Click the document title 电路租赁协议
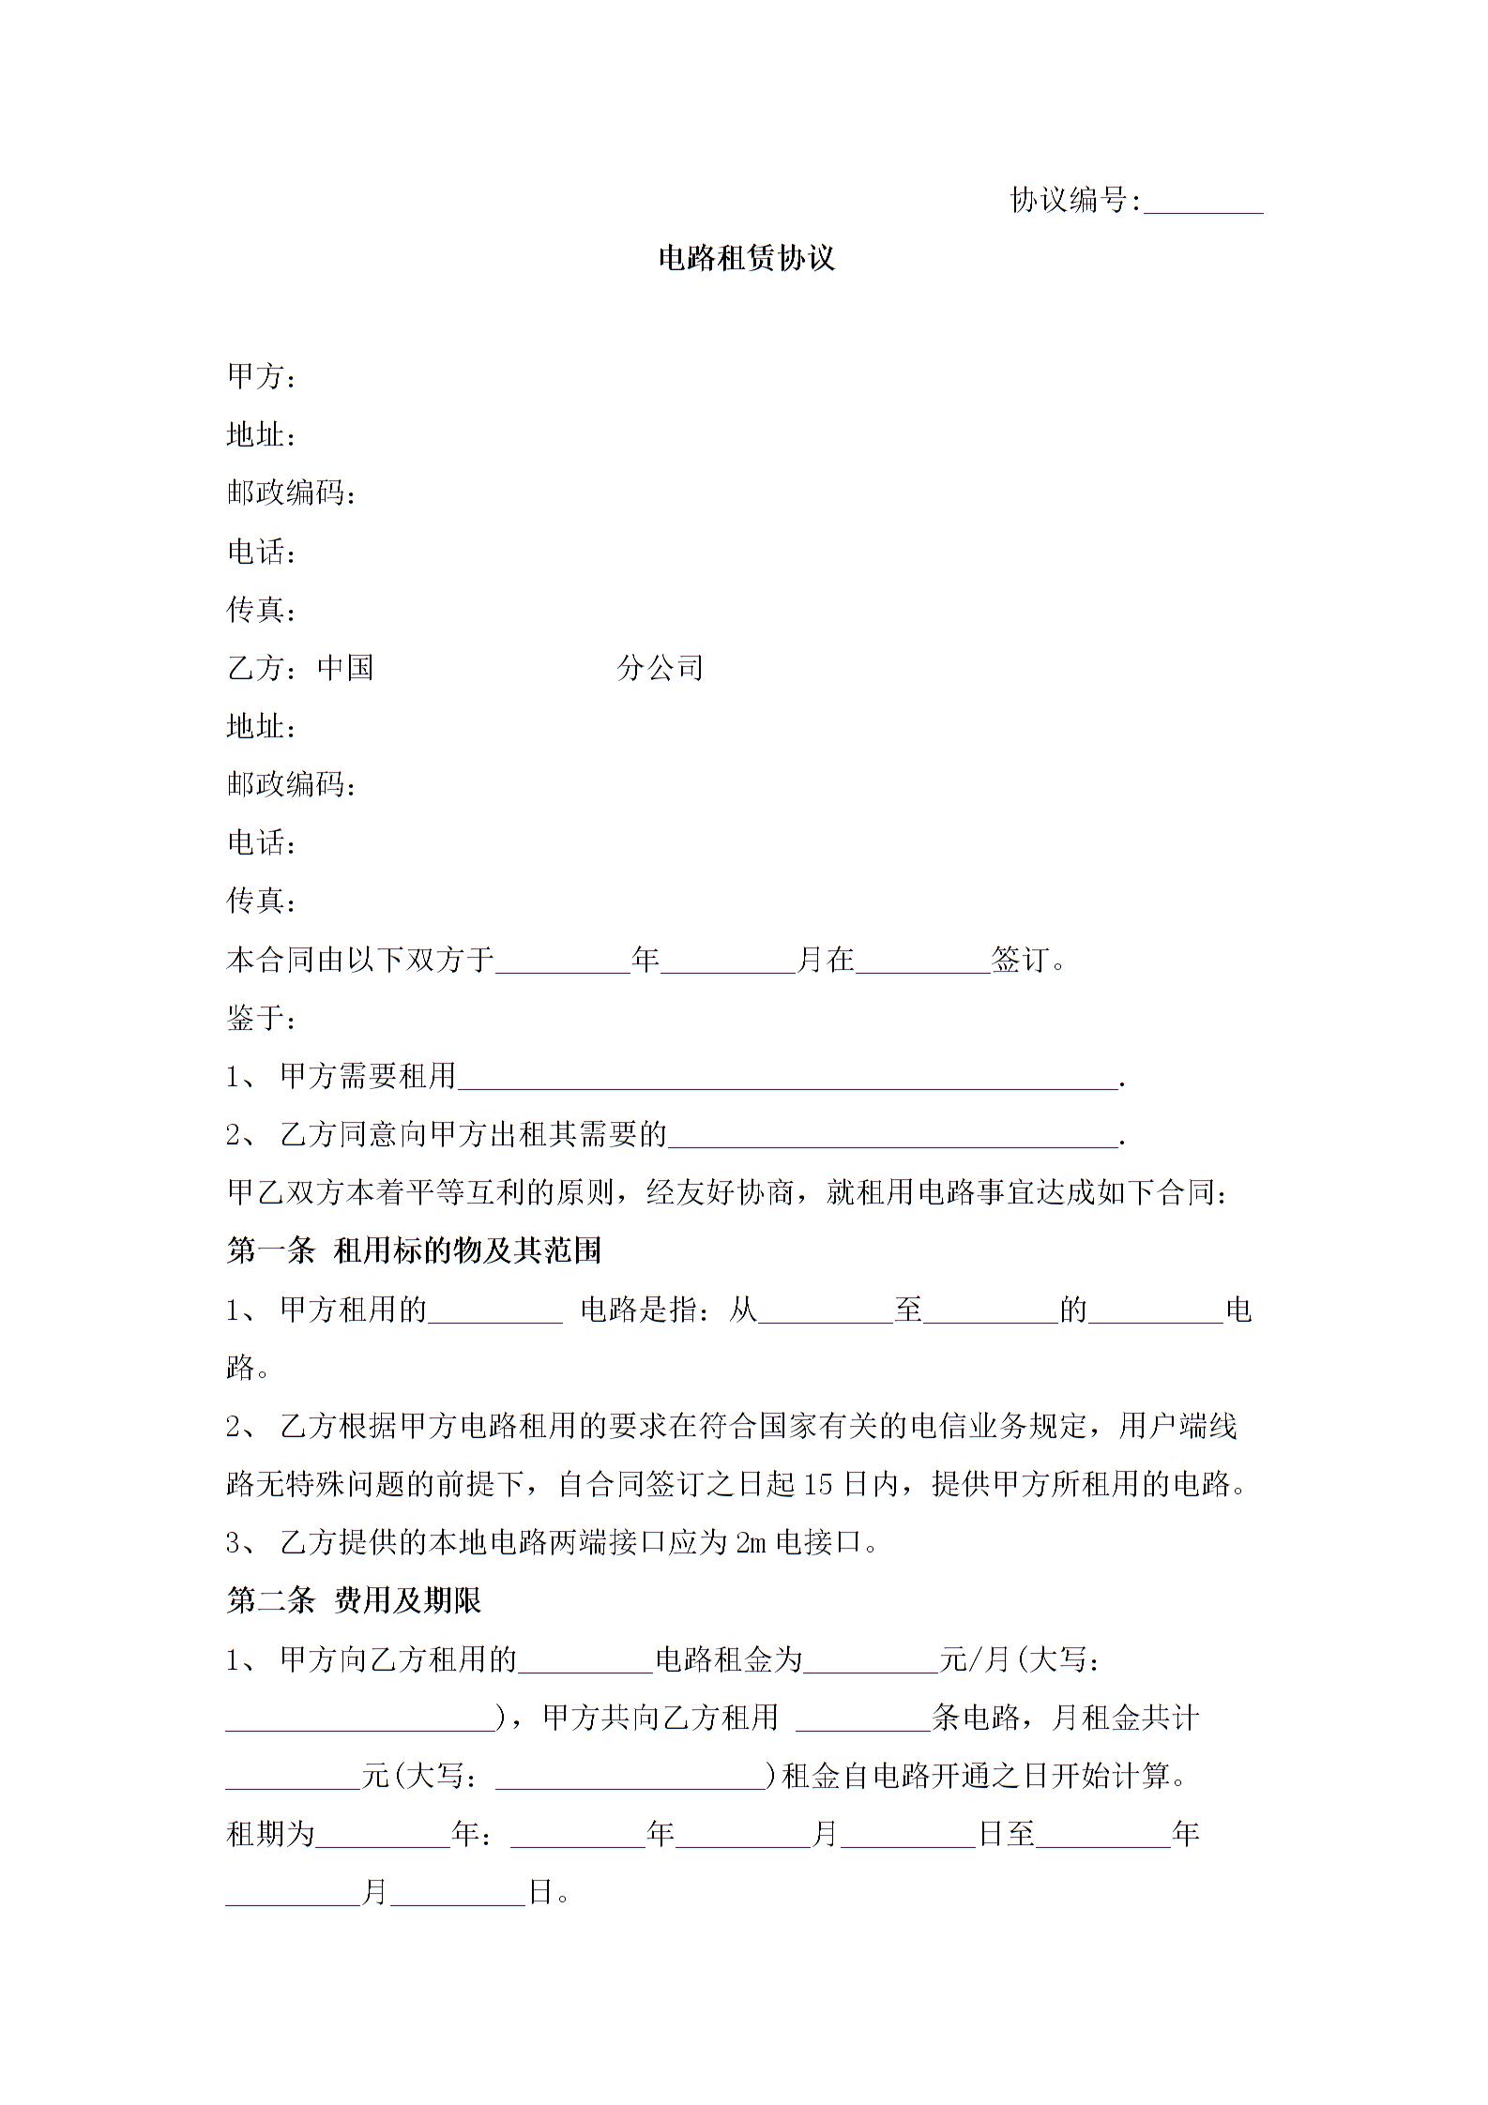(x=746, y=259)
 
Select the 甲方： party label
(x=262, y=377)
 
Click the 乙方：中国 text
(x=300, y=668)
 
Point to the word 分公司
(x=660, y=668)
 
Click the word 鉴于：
(x=262, y=1018)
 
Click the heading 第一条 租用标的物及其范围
(x=414, y=1251)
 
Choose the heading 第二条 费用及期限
(x=354, y=1601)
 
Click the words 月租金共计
(x=1126, y=1719)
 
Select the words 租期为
(x=270, y=1835)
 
